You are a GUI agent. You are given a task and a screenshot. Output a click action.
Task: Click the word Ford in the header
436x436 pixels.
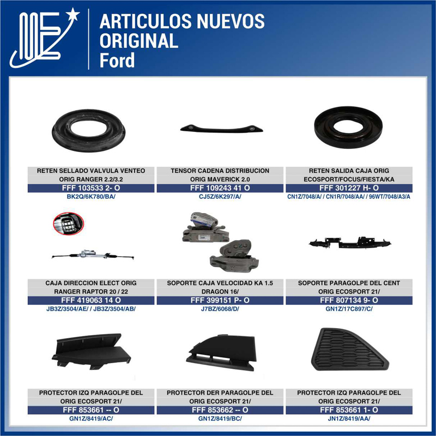point(117,59)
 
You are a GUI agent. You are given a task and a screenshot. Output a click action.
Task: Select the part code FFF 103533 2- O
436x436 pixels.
point(91,188)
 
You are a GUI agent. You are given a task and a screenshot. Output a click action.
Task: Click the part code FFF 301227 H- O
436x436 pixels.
point(349,188)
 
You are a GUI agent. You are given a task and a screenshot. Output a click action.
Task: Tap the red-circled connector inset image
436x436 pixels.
point(68,223)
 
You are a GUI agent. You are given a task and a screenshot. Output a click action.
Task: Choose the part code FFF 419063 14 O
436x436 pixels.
point(91,300)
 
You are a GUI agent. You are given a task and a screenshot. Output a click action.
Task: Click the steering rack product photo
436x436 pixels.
point(93,253)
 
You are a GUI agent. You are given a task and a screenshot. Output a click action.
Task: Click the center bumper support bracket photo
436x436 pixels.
point(349,243)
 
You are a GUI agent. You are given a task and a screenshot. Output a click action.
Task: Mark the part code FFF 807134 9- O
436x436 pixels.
point(349,300)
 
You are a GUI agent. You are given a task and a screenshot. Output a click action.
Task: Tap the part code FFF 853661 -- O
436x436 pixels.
point(91,410)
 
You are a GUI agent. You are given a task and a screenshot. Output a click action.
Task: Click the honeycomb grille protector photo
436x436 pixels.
point(349,349)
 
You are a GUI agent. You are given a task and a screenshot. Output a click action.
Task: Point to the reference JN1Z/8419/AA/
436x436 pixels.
point(349,419)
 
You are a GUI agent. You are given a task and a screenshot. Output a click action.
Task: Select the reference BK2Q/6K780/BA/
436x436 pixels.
point(91,197)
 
